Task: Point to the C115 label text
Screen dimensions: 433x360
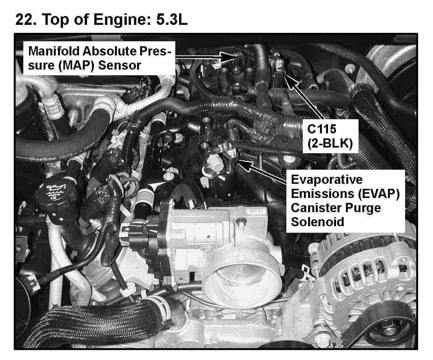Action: coord(322,129)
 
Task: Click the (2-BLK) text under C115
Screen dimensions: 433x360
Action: coord(330,143)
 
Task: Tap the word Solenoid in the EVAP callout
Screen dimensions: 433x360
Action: coord(318,222)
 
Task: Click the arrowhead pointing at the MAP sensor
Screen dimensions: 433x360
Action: coord(228,57)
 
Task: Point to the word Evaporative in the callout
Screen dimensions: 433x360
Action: coord(327,180)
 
